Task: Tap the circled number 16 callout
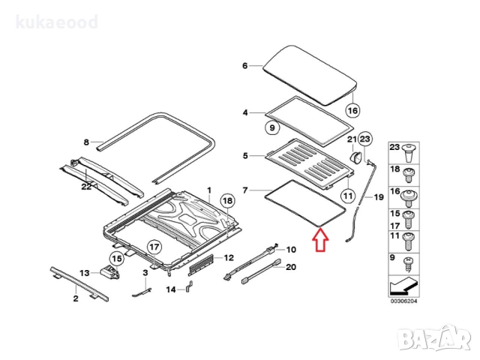[352, 111]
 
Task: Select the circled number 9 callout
[271, 128]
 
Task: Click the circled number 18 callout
[228, 201]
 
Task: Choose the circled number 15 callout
[116, 259]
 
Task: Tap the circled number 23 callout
[365, 139]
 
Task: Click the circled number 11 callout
[347, 196]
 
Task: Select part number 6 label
[244, 66]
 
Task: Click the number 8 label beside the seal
[85, 142]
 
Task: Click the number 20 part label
[292, 267]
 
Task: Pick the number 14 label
[170, 289]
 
